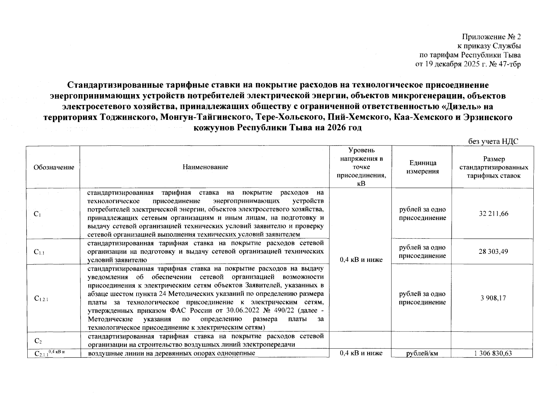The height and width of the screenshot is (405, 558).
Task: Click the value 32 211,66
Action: tap(493, 214)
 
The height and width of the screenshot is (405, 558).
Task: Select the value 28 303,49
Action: tap(493, 251)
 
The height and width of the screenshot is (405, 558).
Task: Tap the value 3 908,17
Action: tap(493, 298)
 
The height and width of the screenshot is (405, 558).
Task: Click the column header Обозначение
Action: tap(54, 167)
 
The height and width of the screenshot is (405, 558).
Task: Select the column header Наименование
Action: tap(205, 167)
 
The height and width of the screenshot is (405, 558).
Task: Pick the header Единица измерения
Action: tap(422, 167)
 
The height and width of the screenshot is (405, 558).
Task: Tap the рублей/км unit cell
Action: tap(422, 353)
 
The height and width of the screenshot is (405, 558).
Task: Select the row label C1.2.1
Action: tap(41, 298)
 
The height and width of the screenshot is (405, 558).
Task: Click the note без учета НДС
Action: tap(493, 142)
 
